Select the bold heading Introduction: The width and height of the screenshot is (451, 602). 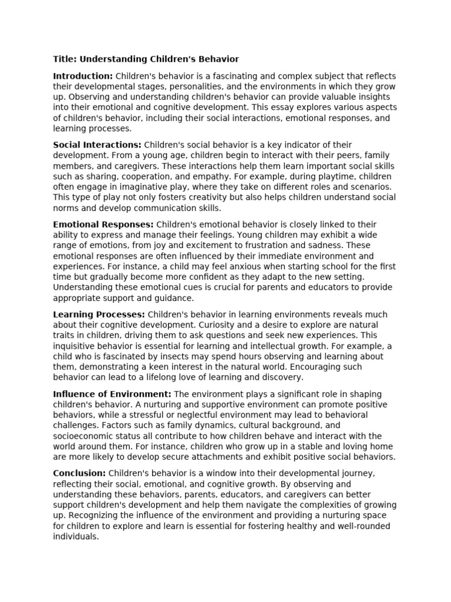click(83, 76)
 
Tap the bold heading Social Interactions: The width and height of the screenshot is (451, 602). click(97, 145)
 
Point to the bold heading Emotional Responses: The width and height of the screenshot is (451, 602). click(103, 225)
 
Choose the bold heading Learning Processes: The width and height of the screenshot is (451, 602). click(99, 315)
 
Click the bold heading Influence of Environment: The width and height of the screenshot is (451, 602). click(112, 394)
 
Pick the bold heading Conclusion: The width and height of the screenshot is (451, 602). click(79, 473)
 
